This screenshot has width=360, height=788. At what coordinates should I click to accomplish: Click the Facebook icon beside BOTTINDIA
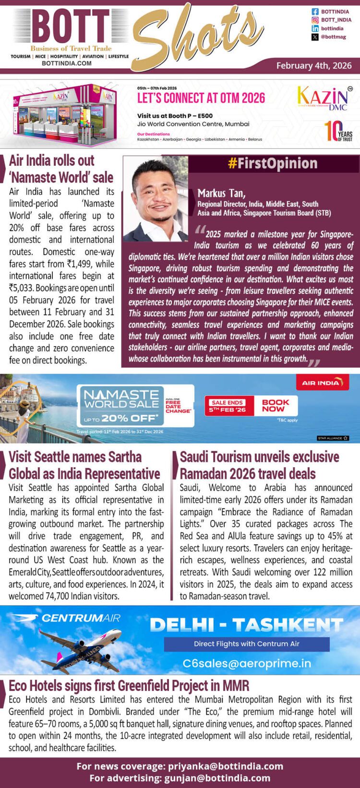(315, 12)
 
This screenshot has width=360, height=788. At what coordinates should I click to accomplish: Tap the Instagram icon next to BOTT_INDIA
(315, 20)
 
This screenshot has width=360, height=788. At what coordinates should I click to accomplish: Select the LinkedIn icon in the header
(315, 29)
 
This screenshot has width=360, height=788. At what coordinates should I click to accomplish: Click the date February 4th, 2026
(314, 66)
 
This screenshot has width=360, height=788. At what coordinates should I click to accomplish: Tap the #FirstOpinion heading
(272, 164)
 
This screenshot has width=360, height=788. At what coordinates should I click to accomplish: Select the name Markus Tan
(221, 194)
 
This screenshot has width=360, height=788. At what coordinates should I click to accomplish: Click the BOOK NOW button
(276, 406)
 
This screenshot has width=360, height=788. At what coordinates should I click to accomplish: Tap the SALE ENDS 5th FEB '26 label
(228, 406)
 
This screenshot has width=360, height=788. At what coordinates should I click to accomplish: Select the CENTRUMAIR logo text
(81, 618)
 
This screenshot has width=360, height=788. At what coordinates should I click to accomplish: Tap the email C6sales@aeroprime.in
(247, 663)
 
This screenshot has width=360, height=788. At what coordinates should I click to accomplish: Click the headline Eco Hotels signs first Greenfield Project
(129, 686)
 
